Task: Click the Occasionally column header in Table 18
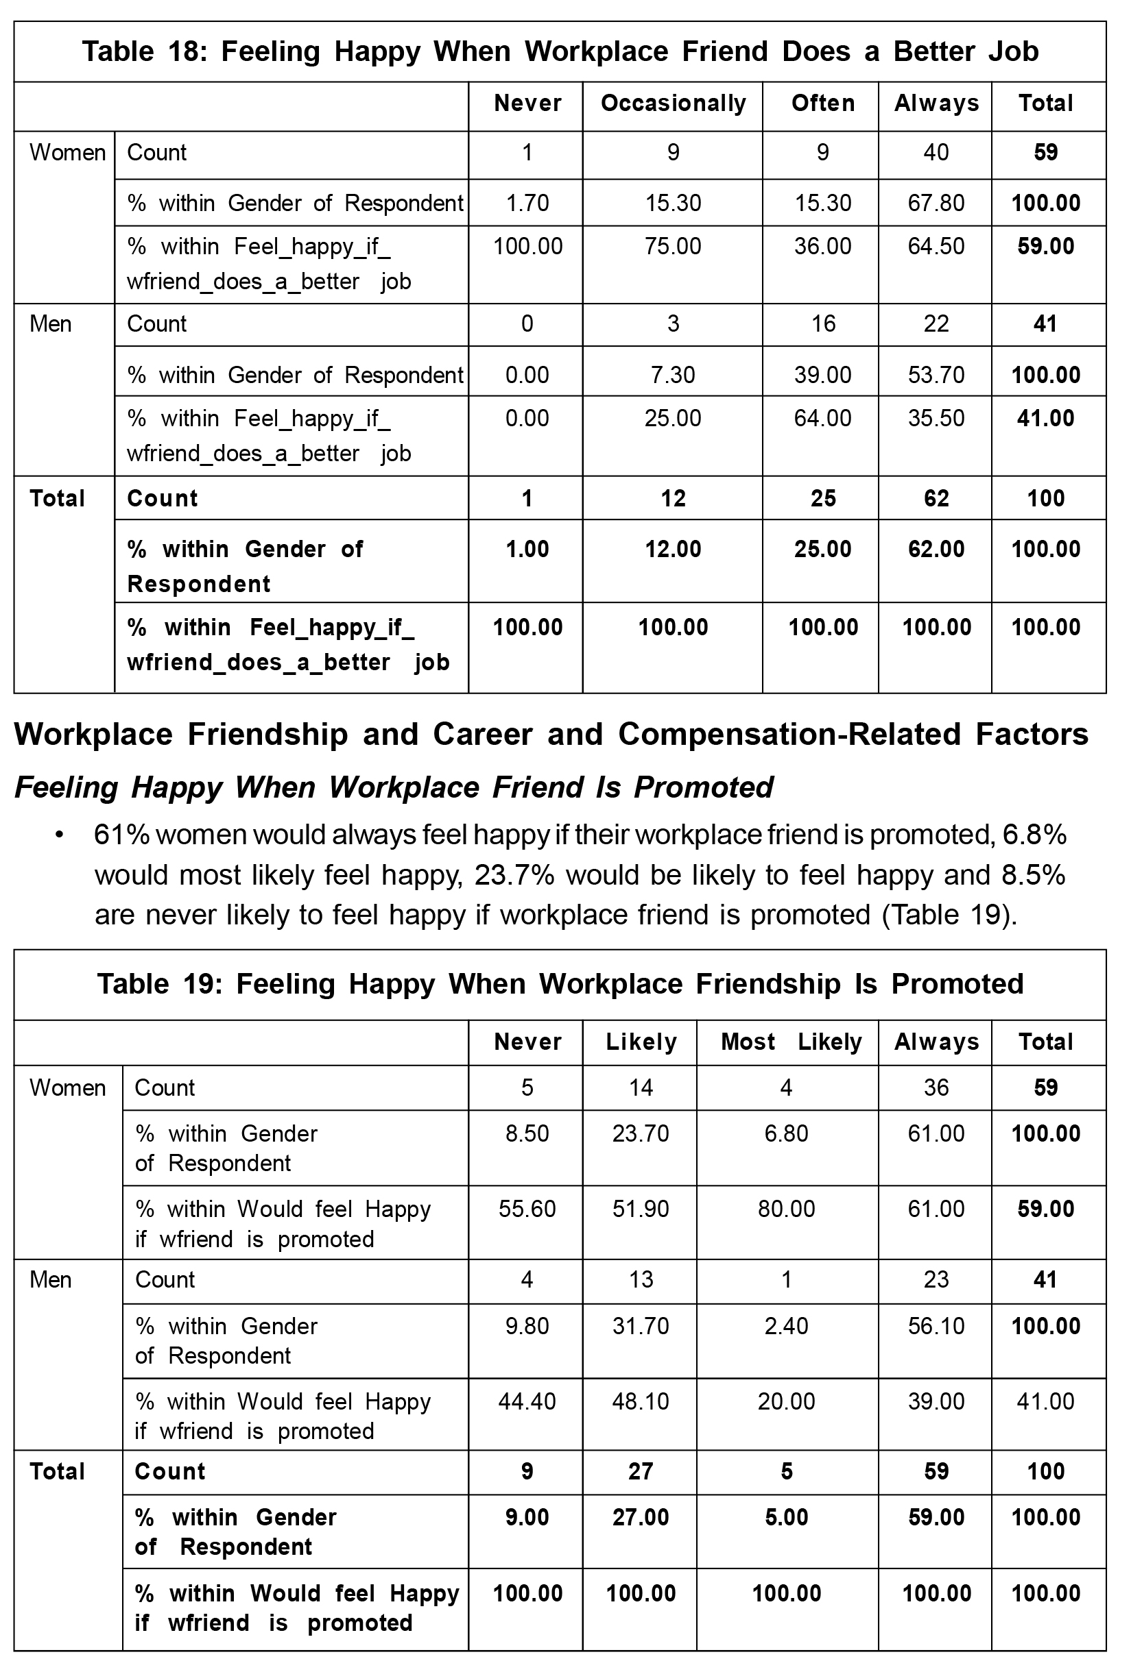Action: coord(672,103)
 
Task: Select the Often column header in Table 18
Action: coord(822,103)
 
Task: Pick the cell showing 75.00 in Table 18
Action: coord(672,247)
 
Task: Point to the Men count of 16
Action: coord(822,323)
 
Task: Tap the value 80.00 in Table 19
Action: coord(786,1209)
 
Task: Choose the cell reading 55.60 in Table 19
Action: coord(527,1209)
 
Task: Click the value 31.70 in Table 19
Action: coord(640,1326)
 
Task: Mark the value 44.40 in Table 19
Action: coord(527,1401)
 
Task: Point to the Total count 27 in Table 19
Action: coord(640,1471)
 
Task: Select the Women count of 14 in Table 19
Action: coord(640,1087)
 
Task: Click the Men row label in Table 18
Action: coord(50,323)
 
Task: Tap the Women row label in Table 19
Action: coord(67,1087)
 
